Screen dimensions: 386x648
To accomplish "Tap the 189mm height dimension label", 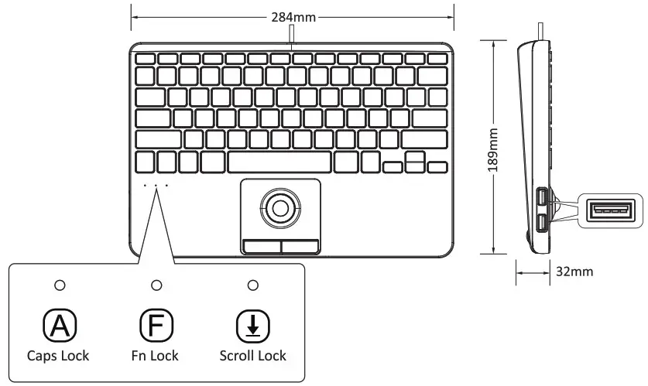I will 494,148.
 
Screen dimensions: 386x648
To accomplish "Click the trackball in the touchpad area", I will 280,206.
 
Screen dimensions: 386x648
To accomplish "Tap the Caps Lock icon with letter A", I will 58,326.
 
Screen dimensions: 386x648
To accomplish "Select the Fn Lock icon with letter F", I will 155,326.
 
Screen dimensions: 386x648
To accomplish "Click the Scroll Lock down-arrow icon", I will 252,326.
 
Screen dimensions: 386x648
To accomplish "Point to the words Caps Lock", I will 58,356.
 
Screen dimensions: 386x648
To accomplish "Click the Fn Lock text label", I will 155,356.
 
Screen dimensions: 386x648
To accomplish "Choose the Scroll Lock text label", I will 252,356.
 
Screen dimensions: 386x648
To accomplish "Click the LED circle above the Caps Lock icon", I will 59,285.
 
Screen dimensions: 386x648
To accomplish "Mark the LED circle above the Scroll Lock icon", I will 252,285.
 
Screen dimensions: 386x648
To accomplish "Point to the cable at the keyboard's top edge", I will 293,35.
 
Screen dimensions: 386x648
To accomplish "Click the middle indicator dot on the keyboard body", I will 155,186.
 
